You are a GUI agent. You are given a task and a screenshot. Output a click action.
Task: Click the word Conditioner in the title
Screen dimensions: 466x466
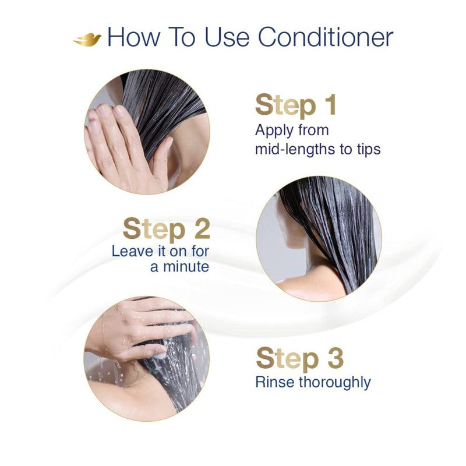[326, 37]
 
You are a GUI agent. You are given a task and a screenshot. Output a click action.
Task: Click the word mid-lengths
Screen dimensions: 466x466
[291, 149]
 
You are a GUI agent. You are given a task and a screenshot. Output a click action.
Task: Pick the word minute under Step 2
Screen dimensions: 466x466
[179, 267]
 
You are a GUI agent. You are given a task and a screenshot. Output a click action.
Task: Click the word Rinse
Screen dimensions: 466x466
[274, 382]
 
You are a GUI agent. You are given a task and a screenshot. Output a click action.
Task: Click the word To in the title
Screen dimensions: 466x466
[184, 37]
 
